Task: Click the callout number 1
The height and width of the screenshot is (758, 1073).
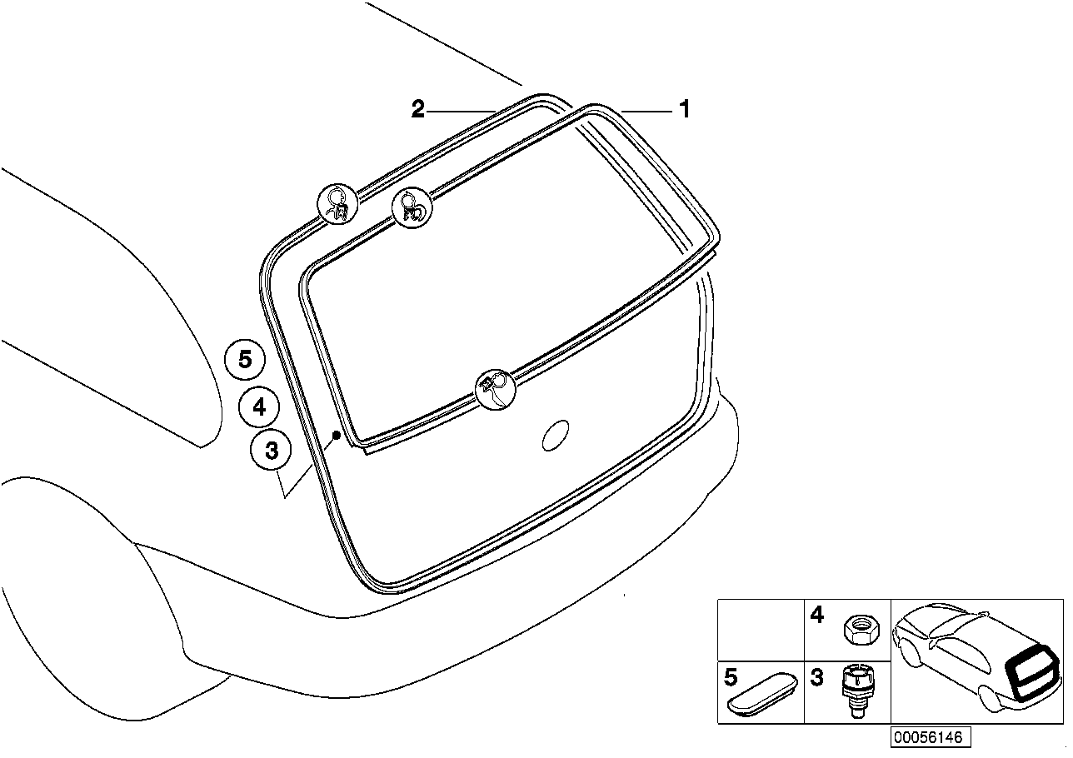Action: [685, 109]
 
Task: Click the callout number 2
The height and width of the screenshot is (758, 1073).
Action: [418, 109]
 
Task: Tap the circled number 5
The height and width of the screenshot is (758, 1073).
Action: [245, 359]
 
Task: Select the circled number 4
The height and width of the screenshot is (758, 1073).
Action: [259, 407]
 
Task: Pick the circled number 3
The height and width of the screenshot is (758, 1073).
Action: [271, 450]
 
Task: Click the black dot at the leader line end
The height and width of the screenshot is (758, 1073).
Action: [337, 435]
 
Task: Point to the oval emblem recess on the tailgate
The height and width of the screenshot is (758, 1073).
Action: [556, 436]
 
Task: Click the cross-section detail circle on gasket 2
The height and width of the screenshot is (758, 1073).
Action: [338, 203]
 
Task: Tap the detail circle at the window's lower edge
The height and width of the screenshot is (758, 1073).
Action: [496, 389]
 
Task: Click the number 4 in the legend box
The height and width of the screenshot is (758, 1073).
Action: [816, 616]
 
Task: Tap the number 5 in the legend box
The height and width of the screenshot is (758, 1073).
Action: [731, 677]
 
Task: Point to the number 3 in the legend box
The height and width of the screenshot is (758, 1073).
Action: [816, 677]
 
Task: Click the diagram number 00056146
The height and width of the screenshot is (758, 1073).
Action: [931, 737]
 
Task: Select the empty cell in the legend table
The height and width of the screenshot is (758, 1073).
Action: [761, 631]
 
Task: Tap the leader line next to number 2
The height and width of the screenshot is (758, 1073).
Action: [462, 112]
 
